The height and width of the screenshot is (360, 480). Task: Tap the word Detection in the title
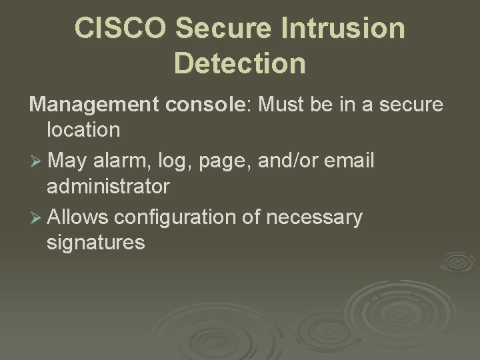point(240,63)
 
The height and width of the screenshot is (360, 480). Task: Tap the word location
point(83,129)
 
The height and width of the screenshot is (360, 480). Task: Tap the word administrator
point(108,186)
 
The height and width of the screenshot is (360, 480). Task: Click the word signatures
point(95,243)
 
